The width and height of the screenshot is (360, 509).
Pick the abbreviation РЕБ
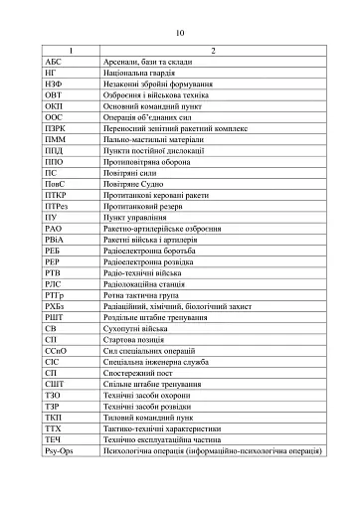(54, 279)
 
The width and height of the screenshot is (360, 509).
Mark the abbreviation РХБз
(56, 336)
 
